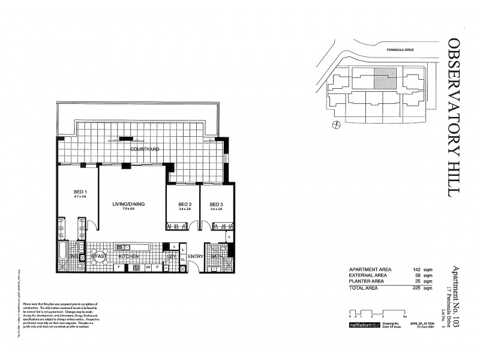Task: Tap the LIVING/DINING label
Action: coord(128,204)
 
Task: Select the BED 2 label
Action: coord(185,204)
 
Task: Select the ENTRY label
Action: coord(196,256)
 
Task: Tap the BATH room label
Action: coord(217,256)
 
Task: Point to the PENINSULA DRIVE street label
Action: coord(398,50)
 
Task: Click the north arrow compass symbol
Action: coord(337,125)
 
